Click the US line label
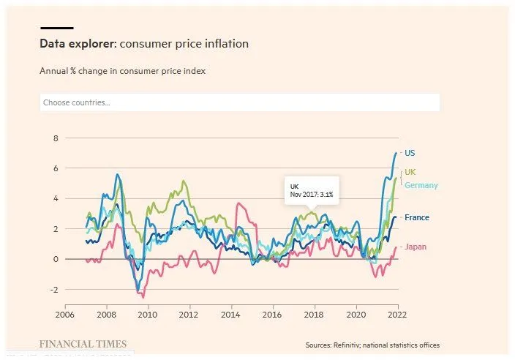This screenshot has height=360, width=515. click(410, 153)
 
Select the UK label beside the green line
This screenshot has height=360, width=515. click(410, 172)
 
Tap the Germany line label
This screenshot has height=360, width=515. click(421, 185)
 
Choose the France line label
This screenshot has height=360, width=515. click(416, 217)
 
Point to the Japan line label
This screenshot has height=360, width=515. click(415, 247)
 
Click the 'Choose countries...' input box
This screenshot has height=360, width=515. click(240, 102)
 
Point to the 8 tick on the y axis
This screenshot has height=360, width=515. click(54, 138)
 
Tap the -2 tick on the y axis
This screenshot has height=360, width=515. click(53, 290)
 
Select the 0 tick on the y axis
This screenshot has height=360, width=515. click(54, 259)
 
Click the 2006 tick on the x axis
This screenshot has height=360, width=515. click(65, 315)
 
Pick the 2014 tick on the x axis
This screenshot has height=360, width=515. click(230, 315)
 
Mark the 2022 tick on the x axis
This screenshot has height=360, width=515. click(396, 315)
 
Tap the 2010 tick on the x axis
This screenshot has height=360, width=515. click(148, 315)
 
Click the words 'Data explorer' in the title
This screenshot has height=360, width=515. click(77, 44)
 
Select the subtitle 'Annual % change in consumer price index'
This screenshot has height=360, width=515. click(122, 72)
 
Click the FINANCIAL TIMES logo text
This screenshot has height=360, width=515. click(83, 344)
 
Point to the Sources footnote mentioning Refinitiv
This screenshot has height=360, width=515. click(372, 345)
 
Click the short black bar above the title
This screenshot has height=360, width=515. click(56, 28)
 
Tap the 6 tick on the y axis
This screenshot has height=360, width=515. click(54, 168)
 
